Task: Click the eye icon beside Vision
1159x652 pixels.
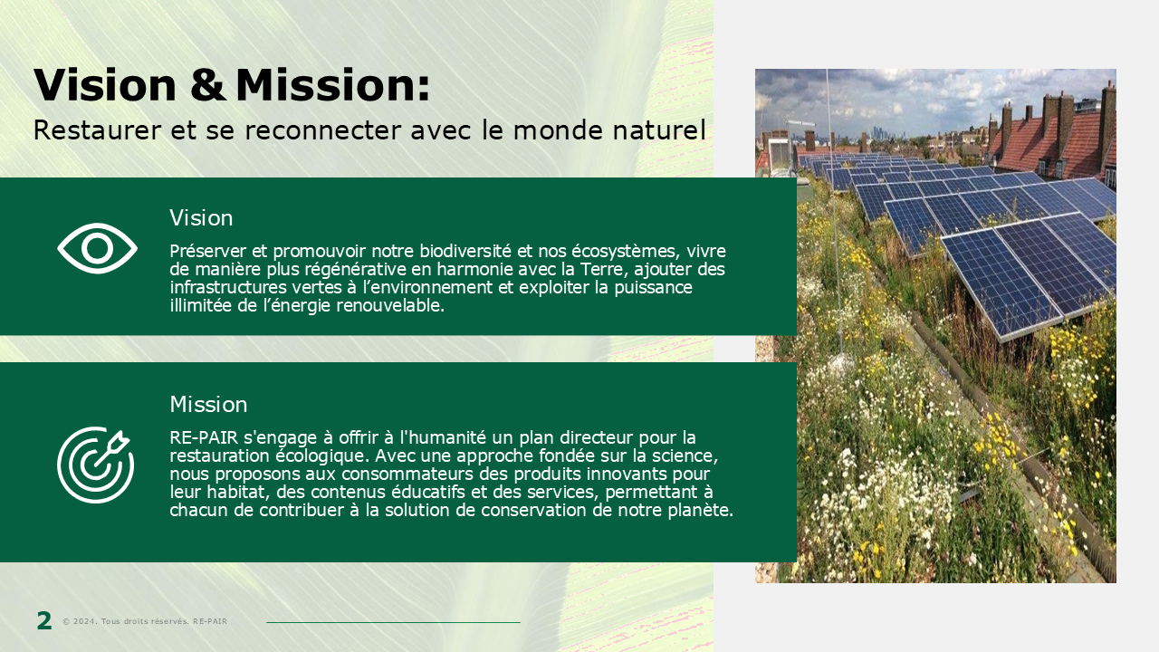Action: (97, 248)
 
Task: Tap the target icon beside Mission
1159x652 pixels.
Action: (95, 465)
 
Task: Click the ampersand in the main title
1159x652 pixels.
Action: (207, 84)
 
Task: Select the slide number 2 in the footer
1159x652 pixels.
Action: (44, 620)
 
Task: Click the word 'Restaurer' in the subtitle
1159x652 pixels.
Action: (97, 129)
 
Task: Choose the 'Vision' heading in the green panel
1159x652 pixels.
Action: (201, 218)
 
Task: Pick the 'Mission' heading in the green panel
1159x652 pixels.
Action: (208, 404)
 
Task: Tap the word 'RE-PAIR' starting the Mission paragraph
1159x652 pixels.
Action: (204, 437)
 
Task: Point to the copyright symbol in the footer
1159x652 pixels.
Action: (66, 621)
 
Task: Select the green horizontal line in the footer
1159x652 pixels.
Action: (393, 622)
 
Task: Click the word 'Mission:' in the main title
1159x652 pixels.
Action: (332, 84)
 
